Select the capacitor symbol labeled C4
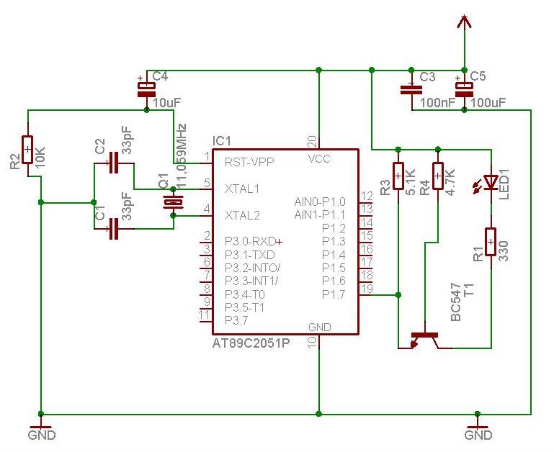pos(146,89)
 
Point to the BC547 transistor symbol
pos(425,339)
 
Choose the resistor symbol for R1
pos(491,242)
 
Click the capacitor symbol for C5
pos(465,89)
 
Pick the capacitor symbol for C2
pos(114,163)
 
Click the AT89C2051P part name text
pos(251,343)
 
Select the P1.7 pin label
pos(334,294)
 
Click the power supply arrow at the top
pos(465,23)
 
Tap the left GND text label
pos(41,435)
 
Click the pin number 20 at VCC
pos(312,140)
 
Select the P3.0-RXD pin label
pos(249,241)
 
